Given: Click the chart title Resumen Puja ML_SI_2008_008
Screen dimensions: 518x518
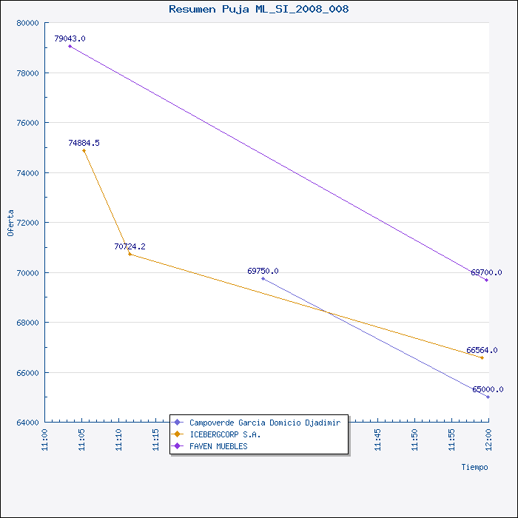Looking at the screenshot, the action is coord(259,9).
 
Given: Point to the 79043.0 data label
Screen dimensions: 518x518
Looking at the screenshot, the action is coord(70,38).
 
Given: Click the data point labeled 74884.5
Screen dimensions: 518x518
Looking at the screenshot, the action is coord(84,151).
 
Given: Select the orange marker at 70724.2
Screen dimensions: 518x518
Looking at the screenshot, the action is coord(129,254).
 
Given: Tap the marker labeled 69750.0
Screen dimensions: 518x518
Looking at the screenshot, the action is coord(263,278).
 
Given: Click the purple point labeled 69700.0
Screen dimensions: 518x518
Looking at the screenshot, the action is coord(486,280).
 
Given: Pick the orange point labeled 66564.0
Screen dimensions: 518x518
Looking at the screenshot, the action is coord(482,357).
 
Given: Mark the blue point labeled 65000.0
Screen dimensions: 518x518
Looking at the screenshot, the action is coord(488,397).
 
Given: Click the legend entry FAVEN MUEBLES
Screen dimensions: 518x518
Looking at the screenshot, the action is coord(218,446).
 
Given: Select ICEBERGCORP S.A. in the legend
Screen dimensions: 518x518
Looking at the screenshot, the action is coord(225,434).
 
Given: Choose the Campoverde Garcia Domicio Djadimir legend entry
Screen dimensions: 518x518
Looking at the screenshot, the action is coord(265,423).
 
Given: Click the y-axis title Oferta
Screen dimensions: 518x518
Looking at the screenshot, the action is coord(10,223).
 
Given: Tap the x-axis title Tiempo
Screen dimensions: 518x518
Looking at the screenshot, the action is coord(475,467).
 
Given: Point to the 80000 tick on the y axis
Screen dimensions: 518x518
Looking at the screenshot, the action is coord(28,23).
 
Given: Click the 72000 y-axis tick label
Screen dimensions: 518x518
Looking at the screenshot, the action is coord(28,223).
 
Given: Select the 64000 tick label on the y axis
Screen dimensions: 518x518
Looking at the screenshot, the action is coord(28,423).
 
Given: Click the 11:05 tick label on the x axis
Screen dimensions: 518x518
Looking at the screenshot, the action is coord(81,440).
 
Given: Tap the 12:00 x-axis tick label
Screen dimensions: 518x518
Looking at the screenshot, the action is coord(488,440).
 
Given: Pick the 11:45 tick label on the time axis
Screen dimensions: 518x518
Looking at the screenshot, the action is coord(377,440).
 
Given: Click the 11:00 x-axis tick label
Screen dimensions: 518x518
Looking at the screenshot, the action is coord(44,440).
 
